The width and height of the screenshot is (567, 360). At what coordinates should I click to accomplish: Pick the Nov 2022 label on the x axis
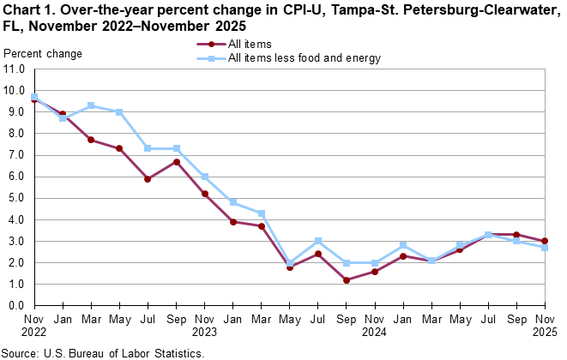(33, 324)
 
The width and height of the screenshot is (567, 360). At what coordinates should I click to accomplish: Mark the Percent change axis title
(43, 53)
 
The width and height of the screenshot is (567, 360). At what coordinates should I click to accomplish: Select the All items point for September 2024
(346, 279)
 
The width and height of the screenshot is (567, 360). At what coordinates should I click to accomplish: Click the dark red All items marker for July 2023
(147, 179)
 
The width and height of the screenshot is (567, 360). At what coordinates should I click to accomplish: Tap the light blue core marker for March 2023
(90, 105)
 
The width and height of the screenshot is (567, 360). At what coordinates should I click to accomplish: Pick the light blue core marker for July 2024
(317, 241)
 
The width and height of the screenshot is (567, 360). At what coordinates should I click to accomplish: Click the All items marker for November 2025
(545, 241)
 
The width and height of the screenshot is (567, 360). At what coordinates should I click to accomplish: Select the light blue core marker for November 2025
(545, 248)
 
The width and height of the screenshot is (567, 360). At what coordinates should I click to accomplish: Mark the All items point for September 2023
(175, 162)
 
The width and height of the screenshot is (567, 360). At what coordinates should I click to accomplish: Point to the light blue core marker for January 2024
(232, 202)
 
